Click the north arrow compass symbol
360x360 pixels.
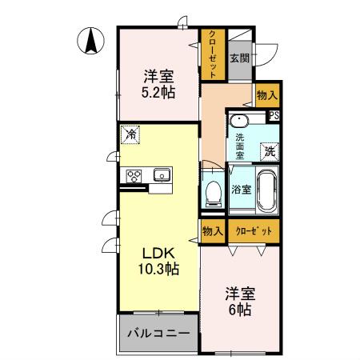click(x=90, y=41)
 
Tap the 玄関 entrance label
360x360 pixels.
click(x=240, y=58)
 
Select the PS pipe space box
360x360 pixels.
click(x=274, y=115)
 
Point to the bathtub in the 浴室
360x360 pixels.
click(x=267, y=190)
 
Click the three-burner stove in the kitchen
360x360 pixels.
click(x=134, y=176)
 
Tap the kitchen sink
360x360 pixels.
click(x=162, y=174)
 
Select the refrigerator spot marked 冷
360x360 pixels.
click(x=130, y=134)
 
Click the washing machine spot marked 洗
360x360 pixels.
click(x=270, y=152)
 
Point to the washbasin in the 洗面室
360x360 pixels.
click(x=239, y=122)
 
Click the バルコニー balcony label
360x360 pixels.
click(x=158, y=333)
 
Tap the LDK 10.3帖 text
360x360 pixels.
click(x=158, y=261)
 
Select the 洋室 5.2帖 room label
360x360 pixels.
click(x=158, y=85)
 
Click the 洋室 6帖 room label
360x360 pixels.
click(x=240, y=302)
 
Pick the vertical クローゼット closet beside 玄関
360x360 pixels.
click(x=213, y=54)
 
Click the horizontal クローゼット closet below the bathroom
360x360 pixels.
click(x=254, y=231)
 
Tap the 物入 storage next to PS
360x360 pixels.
click(x=267, y=95)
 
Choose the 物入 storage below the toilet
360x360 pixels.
click(x=213, y=231)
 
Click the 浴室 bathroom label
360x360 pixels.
click(x=241, y=190)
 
